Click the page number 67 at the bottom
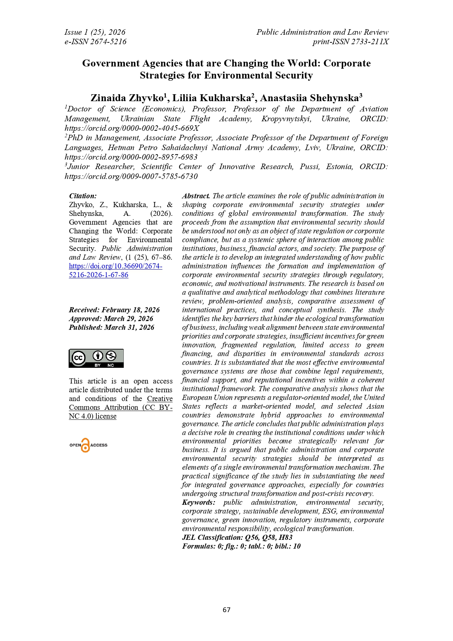(x=226, y=610)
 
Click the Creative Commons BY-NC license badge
(x=96, y=358)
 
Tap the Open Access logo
(x=88, y=445)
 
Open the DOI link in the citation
(x=115, y=270)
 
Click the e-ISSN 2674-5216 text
(x=95, y=42)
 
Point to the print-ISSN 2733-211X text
(x=350, y=42)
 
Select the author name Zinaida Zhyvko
(x=127, y=98)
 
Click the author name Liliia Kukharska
(x=212, y=98)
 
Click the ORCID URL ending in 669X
(x=132, y=128)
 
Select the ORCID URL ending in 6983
(x=131, y=157)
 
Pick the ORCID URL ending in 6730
(x=131, y=176)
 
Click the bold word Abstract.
(x=196, y=196)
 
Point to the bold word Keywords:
(x=199, y=503)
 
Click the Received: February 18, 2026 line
(x=114, y=310)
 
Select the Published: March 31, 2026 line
(x=111, y=327)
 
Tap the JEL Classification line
(x=237, y=537)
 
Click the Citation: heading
(x=83, y=196)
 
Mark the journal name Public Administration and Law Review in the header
(x=322, y=32)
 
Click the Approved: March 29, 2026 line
(x=111, y=318)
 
